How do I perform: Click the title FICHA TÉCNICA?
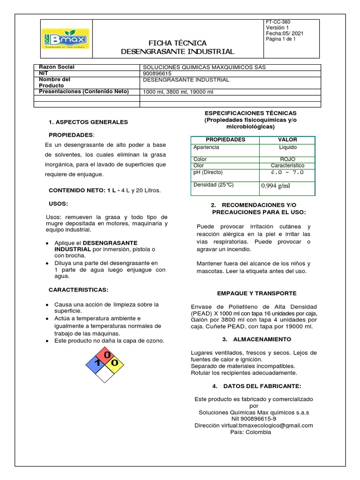click(x=177, y=43)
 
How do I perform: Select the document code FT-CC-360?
click(x=278, y=22)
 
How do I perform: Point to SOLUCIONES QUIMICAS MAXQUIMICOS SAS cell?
click(x=203, y=67)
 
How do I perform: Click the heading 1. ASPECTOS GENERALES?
click(x=89, y=122)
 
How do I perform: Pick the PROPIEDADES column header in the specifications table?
click(x=225, y=140)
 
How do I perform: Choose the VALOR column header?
click(x=287, y=140)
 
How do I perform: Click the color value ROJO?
click(x=287, y=159)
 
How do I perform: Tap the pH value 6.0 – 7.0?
click(x=287, y=172)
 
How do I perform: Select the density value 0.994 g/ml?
click(x=276, y=185)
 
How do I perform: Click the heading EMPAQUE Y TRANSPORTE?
click(x=256, y=293)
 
